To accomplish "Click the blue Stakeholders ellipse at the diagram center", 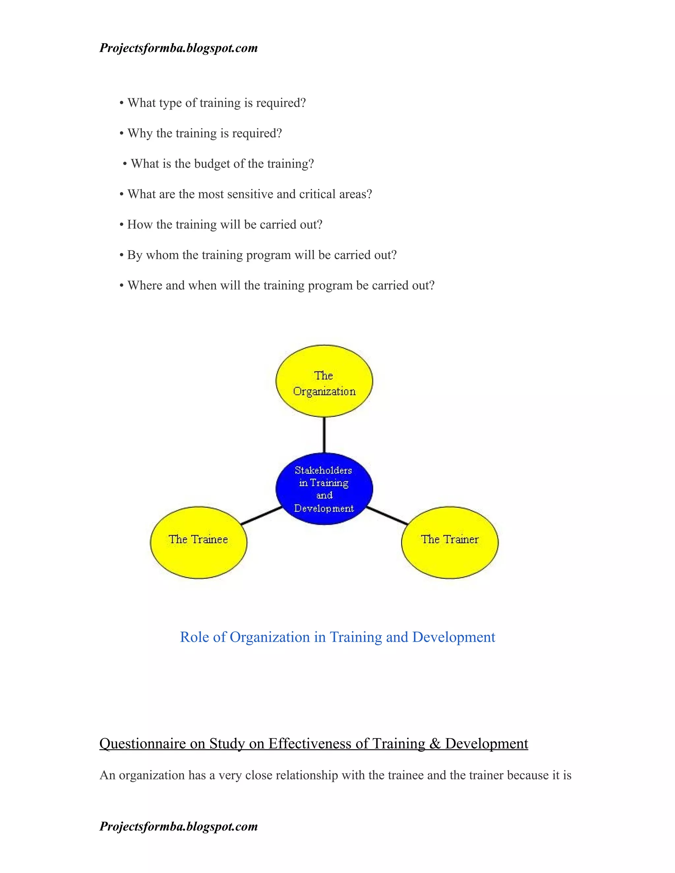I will pos(324,489).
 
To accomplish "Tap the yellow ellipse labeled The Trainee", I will pos(199,543).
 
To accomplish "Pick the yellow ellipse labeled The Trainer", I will pos(450,543).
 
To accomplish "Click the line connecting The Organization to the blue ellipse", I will pos(324,435).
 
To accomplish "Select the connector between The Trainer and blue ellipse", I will pos(387,516).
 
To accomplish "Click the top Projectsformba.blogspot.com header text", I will pos(178,48).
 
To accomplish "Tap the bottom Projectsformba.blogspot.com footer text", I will pos(178,826).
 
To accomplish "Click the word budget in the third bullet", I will pos(212,164).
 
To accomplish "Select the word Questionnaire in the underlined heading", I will pos(143,744).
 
